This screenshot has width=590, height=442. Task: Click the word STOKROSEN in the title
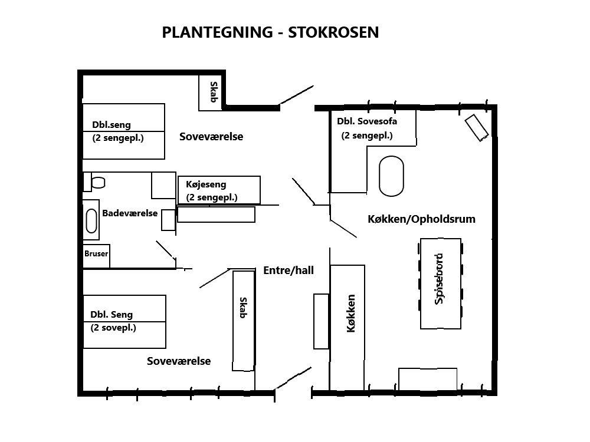[333, 32]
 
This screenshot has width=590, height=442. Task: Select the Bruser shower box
[96, 256]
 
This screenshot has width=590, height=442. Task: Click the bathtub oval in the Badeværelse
[91, 221]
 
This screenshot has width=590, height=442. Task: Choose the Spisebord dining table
[441, 284]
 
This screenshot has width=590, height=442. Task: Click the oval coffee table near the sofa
[391, 176]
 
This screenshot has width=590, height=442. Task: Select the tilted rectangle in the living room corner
[477, 128]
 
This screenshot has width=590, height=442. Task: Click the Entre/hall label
[289, 271]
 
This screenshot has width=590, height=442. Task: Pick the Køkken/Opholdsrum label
[421, 219]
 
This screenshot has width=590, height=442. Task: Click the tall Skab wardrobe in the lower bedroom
[244, 321]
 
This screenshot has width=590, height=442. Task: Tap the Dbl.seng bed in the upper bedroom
[124, 131]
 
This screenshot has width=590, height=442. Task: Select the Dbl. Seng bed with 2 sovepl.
[124, 322]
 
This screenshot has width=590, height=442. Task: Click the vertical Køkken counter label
[350, 314]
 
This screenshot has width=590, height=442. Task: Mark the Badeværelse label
[130, 213]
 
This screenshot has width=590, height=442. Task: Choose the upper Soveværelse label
[211, 137]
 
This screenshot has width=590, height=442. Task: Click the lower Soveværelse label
[179, 361]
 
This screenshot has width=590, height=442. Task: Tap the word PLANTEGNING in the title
[217, 32]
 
